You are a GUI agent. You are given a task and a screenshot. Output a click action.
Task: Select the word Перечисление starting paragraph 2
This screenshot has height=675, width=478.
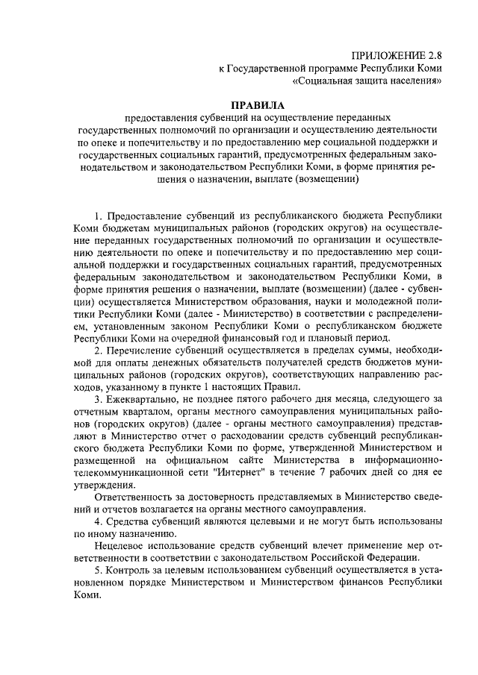pos(149,350)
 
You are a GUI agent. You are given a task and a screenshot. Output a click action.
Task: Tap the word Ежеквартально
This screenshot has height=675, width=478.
pos(150,400)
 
